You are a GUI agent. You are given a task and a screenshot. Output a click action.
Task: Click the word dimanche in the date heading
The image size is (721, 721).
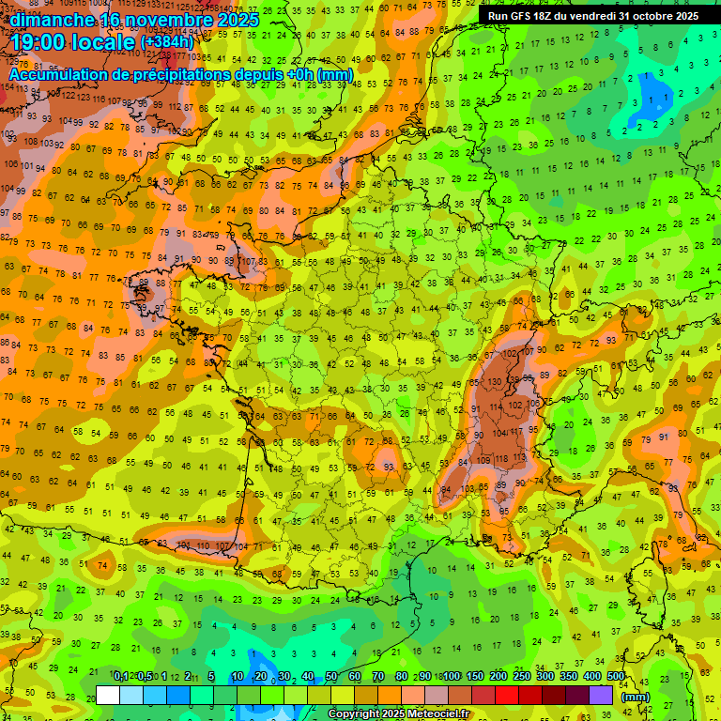[53, 19]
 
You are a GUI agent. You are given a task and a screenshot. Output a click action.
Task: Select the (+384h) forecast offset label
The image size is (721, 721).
[166, 42]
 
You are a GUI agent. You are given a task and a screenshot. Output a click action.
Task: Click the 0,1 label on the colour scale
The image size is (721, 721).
[120, 677]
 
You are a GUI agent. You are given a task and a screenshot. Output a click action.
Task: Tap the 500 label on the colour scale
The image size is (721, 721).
[616, 677]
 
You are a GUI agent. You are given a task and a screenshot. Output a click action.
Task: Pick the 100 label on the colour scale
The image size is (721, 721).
[452, 677]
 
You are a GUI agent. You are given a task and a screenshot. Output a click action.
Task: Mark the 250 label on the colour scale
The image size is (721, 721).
[522, 677]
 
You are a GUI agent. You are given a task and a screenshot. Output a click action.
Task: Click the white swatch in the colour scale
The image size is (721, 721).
[108, 695]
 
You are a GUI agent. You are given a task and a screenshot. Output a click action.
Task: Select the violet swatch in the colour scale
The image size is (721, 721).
[601, 695]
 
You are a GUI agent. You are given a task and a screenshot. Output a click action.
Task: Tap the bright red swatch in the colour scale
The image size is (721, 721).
[507, 695]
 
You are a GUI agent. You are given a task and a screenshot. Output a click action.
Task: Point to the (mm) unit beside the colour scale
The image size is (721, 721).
[636, 697]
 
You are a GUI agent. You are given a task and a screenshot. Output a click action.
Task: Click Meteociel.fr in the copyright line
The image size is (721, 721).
[433, 714]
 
